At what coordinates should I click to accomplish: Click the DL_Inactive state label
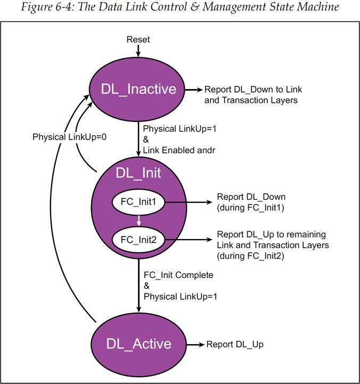click(x=138, y=89)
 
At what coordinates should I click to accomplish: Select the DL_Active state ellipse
click(x=138, y=344)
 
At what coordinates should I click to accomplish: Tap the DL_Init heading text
click(x=138, y=173)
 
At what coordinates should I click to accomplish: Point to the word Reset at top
click(x=138, y=40)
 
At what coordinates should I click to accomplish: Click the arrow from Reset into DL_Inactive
click(x=138, y=51)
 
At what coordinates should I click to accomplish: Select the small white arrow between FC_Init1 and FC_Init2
click(x=138, y=220)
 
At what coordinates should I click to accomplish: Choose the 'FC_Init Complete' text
click(x=178, y=275)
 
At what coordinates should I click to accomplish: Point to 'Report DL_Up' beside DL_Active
click(x=235, y=345)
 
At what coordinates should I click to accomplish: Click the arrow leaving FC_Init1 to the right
click(x=186, y=202)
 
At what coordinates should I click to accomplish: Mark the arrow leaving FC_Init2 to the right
click(x=186, y=240)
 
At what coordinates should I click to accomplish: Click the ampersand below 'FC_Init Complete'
click(x=146, y=285)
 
